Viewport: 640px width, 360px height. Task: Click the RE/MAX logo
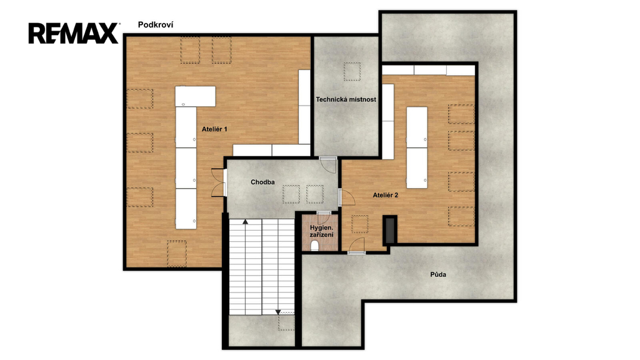pyautogui.click(x=74, y=33)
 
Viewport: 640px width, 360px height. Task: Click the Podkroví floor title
pyautogui.click(x=156, y=25)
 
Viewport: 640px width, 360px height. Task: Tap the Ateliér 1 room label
pyautogui.click(x=214, y=129)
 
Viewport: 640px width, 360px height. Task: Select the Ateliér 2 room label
pyautogui.click(x=385, y=195)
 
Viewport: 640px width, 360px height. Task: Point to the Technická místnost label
pyautogui.click(x=346, y=99)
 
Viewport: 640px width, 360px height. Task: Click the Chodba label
pyautogui.click(x=262, y=182)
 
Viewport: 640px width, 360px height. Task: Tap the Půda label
pyautogui.click(x=438, y=274)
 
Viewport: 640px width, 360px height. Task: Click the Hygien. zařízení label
pyautogui.click(x=322, y=231)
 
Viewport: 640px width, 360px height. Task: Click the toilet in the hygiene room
pyautogui.click(x=315, y=246)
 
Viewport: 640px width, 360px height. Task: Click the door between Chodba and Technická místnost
pyautogui.click(x=327, y=164)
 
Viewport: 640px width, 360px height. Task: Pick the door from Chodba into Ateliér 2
pyautogui.click(x=346, y=197)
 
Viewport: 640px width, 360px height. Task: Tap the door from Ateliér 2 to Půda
pyautogui.click(x=356, y=246)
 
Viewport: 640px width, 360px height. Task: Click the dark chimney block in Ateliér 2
pyautogui.click(x=390, y=230)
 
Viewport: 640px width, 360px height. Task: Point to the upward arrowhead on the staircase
pyautogui.click(x=245, y=222)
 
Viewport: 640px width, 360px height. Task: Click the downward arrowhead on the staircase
pyautogui.click(x=278, y=312)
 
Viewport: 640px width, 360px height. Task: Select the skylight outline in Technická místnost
pyautogui.click(x=352, y=71)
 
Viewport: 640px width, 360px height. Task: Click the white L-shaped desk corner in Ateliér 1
pyautogui.click(x=195, y=96)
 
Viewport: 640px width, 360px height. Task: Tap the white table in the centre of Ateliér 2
pyautogui.click(x=417, y=147)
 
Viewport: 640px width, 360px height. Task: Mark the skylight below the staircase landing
pyautogui.click(x=286, y=322)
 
